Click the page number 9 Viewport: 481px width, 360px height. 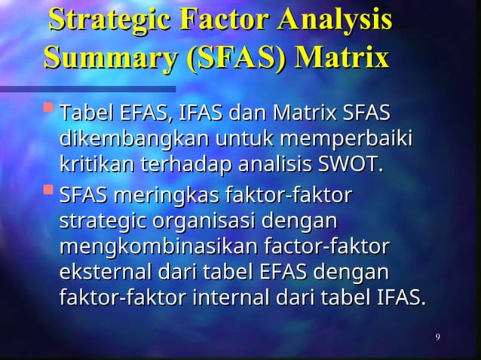coord(438,335)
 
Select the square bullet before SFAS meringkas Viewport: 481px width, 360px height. coord(49,194)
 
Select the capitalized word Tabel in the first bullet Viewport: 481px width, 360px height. coord(85,114)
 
